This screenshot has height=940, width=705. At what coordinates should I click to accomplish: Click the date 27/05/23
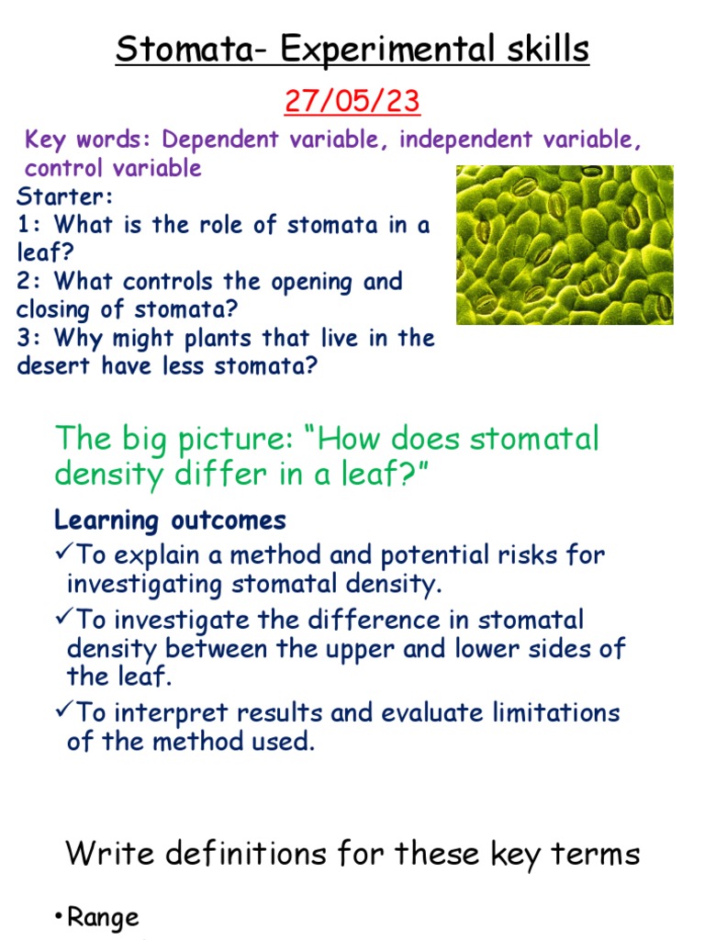click(352, 101)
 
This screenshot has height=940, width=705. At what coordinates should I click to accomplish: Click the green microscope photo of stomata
click(565, 245)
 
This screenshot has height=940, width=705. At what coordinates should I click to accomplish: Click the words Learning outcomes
click(170, 520)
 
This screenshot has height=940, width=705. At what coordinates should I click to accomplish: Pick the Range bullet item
click(102, 917)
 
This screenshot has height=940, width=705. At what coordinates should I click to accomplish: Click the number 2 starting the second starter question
click(24, 281)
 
